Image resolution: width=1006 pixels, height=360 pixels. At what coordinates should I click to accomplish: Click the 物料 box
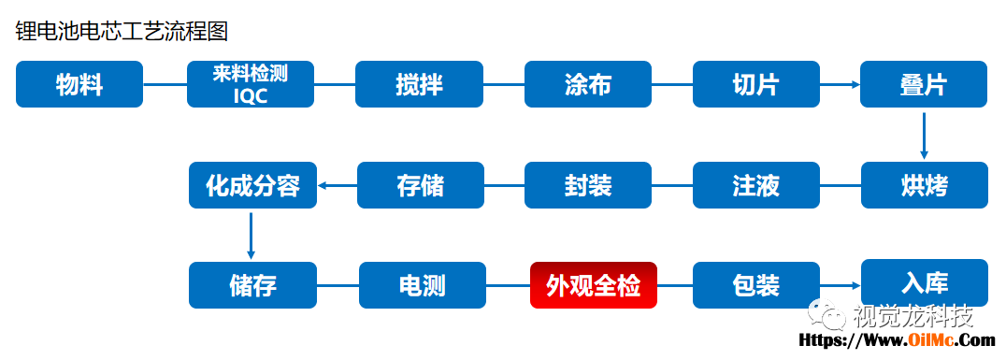point(79,84)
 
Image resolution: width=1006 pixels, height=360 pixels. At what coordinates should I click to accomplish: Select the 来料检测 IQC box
point(251,84)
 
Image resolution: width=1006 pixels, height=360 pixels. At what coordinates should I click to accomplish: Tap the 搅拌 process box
point(419,84)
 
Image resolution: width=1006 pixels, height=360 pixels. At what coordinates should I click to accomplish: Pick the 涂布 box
point(588,84)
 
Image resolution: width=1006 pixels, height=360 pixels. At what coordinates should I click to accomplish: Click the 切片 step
point(755,84)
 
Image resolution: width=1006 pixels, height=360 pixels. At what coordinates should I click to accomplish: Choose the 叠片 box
point(924,84)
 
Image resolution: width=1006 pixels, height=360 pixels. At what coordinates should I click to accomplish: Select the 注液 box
point(755,185)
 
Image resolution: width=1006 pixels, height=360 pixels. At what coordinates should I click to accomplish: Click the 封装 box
point(588,185)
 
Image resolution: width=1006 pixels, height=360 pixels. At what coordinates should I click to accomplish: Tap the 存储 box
point(420,185)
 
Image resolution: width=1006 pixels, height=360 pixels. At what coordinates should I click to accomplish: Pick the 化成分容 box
point(252,185)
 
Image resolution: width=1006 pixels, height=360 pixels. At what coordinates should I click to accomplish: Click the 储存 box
point(252,285)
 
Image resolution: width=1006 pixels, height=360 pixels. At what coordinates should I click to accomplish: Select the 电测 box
point(423,285)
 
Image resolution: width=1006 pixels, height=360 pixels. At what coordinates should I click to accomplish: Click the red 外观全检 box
point(594,285)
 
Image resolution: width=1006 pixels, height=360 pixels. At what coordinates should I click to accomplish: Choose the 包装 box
point(755,285)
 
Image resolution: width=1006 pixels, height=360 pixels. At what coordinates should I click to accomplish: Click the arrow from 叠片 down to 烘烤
point(924,136)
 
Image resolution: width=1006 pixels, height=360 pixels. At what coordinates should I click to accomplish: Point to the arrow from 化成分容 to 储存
point(251,236)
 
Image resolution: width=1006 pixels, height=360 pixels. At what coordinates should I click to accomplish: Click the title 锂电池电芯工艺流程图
point(122,31)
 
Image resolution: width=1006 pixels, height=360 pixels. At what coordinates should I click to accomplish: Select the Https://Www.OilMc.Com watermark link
point(897,340)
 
